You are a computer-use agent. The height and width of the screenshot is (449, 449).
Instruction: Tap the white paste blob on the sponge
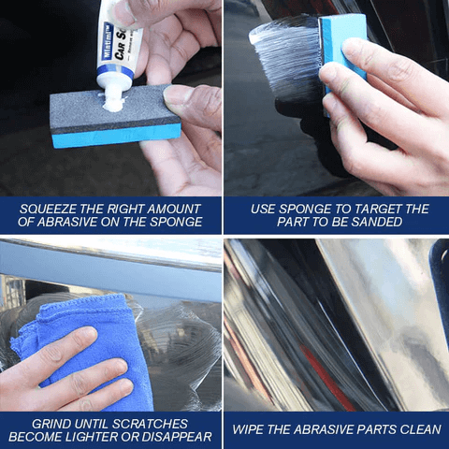pos(113,99)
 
